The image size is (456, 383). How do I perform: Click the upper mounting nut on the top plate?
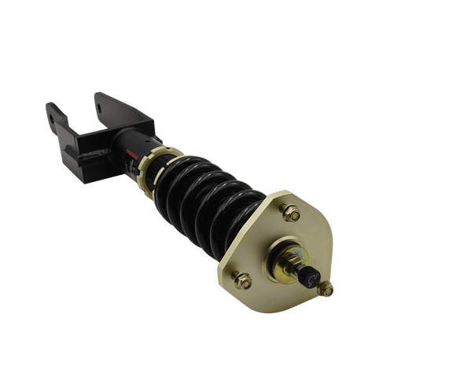[289, 212]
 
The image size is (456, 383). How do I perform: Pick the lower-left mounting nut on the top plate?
[243, 280]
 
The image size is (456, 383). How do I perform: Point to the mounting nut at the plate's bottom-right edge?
[325, 290]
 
